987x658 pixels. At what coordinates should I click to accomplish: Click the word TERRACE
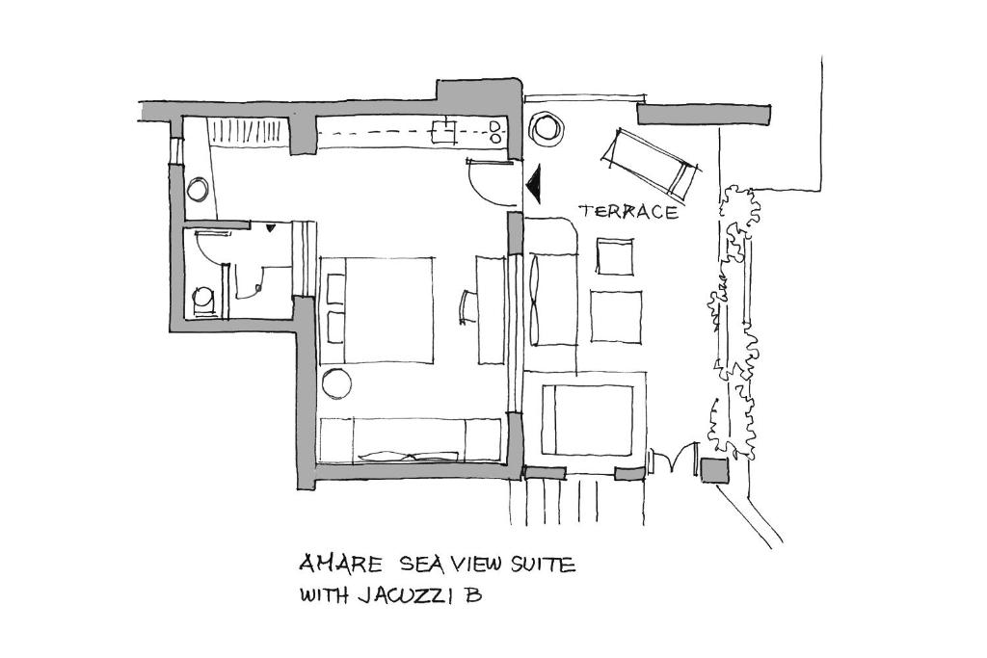pyautogui.click(x=628, y=211)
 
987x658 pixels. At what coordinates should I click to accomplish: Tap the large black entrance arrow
pyautogui.click(x=535, y=183)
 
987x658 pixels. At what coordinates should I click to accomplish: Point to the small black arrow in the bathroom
pyautogui.click(x=270, y=228)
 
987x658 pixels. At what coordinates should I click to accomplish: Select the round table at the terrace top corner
pyautogui.click(x=546, y=128)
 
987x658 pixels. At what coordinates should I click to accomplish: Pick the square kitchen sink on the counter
pyautogui.click(x=442, y=131)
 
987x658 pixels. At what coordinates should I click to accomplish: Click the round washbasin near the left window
pyautogui.click(x=198, y=189)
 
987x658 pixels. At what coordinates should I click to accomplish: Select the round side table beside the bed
pyautogui.click(x=336, y=382)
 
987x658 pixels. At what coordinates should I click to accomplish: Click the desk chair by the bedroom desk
pyautogui.click(x=468, y=307)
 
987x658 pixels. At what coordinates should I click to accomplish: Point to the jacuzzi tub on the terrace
pyautogui.click(x=587, y=420)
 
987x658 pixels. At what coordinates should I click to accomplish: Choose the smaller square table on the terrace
pyautogui.click(x=615, y=256)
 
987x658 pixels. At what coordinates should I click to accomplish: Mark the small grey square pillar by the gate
pyautogui.click(x=714, y=470)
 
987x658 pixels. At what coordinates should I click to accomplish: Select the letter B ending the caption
pyautogui.click(x=473, y=594)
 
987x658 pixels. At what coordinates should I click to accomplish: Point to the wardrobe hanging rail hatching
pyautogui.click(x=248, y=131)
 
